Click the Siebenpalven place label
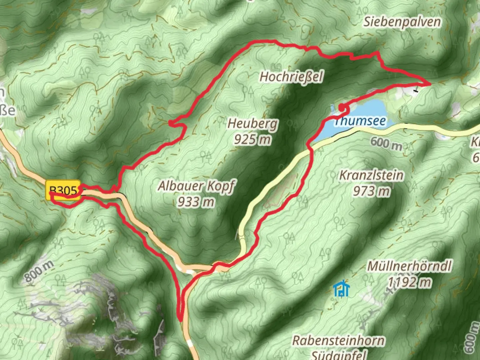pos(402,22)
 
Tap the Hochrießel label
pos(291,77)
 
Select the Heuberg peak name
pos(252,124)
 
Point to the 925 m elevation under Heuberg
pos(252,139)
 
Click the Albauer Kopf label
pos(196,186)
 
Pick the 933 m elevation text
pos(196,202)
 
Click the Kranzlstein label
pos(371,175)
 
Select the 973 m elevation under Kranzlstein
pos(371,191)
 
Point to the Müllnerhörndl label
pos(409,266)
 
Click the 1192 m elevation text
pos(409,282)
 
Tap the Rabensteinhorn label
pos(338,341)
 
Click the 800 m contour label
pos(39,271)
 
